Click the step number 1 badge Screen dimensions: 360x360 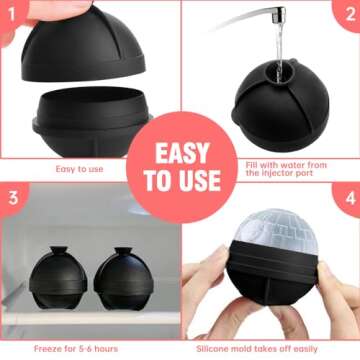pos(11,12)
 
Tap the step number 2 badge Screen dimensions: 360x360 pos(348,12)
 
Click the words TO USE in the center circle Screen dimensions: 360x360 pos(180,182)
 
